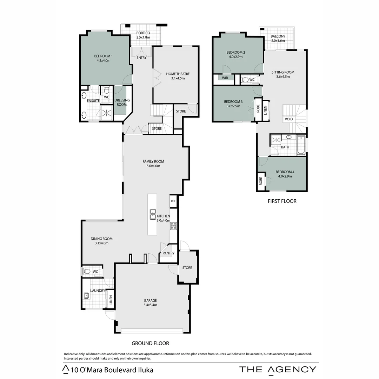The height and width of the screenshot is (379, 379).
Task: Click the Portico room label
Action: tap(143, 33)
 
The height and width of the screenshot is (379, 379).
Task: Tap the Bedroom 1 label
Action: tap(104, 56)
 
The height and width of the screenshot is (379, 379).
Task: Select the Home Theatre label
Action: tap(178, 74)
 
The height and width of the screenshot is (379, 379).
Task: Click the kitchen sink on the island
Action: tap(153, 214)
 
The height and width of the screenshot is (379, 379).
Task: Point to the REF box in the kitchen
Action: tap(173, 201)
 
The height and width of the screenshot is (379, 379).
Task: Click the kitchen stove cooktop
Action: tap(173, 226)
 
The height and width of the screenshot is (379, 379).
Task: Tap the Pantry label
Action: tap(168, 253)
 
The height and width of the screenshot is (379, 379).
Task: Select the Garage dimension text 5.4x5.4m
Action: tap(150, 305)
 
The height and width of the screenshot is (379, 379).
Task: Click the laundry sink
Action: tap(86, 295)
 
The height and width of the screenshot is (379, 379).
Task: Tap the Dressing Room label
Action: tap(122, 102)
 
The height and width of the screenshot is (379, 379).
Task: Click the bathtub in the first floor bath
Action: tap(301, 145)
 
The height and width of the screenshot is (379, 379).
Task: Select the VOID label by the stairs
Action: tap(289, 119)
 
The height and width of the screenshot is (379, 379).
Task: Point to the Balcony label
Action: tap(278, 36)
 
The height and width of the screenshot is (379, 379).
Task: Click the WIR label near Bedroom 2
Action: tap(225, 78)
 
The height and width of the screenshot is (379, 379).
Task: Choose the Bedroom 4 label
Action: tap(285, 172)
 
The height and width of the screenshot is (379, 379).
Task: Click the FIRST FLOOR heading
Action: tap(282, 201)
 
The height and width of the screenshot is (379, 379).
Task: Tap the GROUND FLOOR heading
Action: tap(150, 343)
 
